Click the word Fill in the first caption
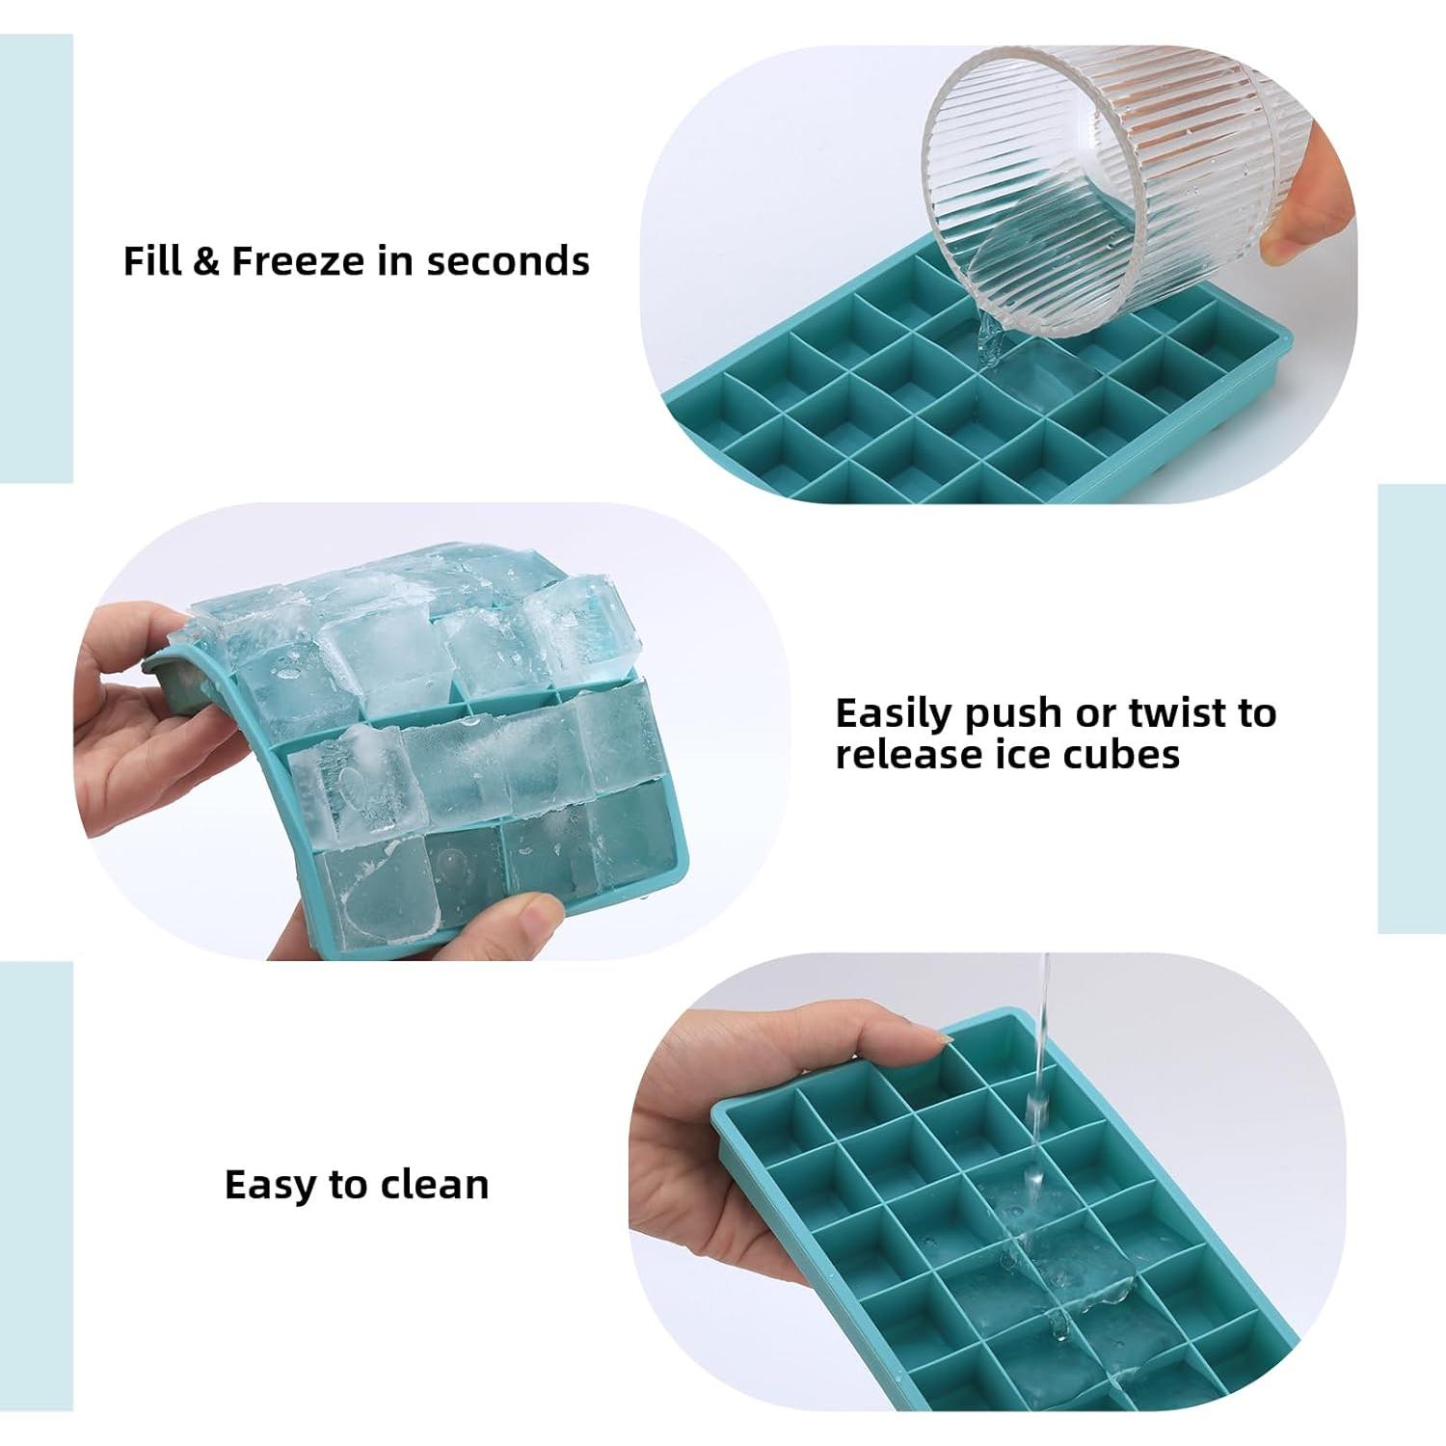[x=152, y=261]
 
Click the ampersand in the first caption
[x=205, y=261]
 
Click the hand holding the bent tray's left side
[x=145, y=733]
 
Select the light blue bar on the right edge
[x=1411, y=709]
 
